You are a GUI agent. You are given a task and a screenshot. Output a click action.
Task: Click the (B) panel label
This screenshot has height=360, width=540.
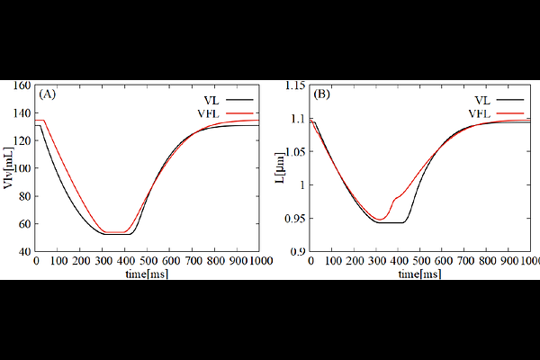tap(321, 94)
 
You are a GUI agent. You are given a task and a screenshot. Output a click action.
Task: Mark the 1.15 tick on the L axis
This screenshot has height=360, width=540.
tap(295, 86)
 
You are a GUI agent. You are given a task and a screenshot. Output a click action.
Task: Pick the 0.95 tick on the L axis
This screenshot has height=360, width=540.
tap(295, 219)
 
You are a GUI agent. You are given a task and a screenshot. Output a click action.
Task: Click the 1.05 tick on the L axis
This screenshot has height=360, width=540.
tap(295, 153)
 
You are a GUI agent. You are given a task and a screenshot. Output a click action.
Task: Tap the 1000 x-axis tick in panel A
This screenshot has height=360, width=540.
tap(260, 262)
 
